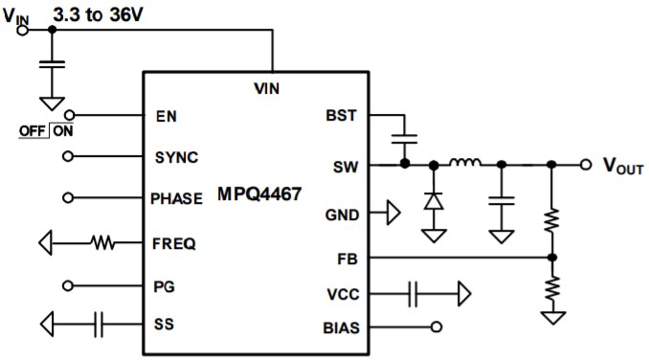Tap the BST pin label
[340, 116]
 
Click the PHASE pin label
[177, 198]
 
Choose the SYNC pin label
[176, 156]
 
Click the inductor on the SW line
[466, 164]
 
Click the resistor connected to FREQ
[103, 243]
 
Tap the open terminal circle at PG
[67, 285]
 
